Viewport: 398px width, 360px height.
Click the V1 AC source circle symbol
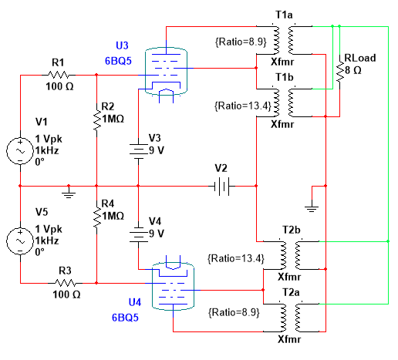(20, 151)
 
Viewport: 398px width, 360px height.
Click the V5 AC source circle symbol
(20, 241)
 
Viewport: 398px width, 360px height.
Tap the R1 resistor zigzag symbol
(59, 75)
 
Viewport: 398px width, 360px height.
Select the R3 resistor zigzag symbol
(66, 283)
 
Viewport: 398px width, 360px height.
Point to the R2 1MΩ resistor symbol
(96, 120)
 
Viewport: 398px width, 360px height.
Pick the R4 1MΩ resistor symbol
(96, 217)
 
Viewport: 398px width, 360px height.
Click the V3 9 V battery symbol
(138, 151)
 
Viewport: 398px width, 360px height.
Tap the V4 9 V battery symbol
(138, 234)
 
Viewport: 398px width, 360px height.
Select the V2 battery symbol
(221, 186)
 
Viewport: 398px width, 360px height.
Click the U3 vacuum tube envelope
(166, 71)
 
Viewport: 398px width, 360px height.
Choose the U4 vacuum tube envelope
(173, 286)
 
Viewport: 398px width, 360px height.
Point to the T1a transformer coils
(284, 40)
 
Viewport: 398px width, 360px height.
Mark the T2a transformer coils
(291, 318)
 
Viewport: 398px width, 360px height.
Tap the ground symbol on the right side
(312, 207)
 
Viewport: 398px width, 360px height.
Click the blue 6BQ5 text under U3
(118, 61)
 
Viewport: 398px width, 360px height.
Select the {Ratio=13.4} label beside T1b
(243, 106)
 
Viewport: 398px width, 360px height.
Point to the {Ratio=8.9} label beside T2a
(234, 312)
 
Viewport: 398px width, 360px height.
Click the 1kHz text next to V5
(47, 241)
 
